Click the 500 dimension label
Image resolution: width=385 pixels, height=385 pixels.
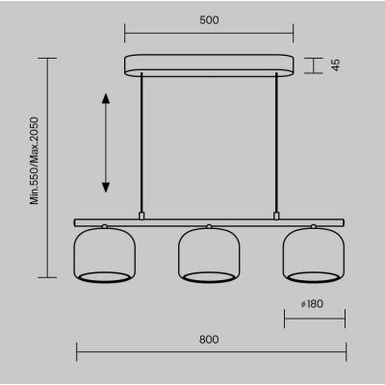tap(209, 20)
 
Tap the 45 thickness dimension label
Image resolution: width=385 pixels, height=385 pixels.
tap(336, 65)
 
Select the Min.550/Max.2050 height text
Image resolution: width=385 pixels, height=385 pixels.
tap(34, 161)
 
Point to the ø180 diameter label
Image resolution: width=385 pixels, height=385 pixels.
tap(312, 303)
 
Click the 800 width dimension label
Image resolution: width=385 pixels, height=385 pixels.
tap(209, 340)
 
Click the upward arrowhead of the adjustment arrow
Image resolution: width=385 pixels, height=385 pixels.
tap(106, 98)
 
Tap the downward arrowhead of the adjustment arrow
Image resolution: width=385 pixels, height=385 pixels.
tap(106, 188)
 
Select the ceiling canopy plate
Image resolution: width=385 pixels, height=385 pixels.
tap(209, 65)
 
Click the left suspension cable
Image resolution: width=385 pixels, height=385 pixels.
tap(141, 142)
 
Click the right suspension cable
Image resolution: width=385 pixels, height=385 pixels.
tap(276, 142)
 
